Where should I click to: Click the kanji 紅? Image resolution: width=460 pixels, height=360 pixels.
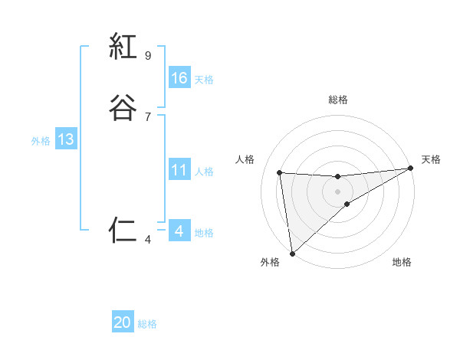coord(123,47)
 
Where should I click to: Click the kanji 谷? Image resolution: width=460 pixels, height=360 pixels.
coord(123,107)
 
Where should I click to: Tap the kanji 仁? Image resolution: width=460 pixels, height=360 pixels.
coord(123,230)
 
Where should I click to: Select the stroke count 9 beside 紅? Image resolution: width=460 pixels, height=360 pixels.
coord(148,56)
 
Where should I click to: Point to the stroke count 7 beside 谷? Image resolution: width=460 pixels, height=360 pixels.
coord(148,116)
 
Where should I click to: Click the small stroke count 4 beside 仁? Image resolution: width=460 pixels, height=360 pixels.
coord(148,240)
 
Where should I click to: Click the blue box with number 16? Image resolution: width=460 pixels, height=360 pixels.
coord(179,78)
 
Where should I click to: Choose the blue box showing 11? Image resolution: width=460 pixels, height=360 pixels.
coord(179,170)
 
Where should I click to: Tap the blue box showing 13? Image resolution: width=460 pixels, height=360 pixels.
coord(66,139)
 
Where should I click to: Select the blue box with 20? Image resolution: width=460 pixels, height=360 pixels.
coord(123,322)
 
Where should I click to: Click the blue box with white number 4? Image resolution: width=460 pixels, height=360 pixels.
coord(179,231)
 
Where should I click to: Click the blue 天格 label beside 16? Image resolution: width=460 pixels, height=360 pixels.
coord(204,80)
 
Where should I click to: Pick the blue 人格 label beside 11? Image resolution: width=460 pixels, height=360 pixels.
coord(204,172)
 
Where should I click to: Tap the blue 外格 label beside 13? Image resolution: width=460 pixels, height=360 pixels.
coord(41,141)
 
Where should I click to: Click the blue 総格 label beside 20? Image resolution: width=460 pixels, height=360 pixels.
coord(147,324)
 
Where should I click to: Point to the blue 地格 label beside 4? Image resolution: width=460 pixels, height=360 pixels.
coord(204,233)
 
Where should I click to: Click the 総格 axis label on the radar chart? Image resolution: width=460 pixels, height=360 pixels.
coord(338,100)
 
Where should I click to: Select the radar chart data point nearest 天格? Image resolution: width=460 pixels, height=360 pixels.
coord(410,169)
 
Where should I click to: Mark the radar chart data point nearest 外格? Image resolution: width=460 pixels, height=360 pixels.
coord(291,252)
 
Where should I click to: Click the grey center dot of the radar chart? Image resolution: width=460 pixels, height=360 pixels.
coord(338,191)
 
